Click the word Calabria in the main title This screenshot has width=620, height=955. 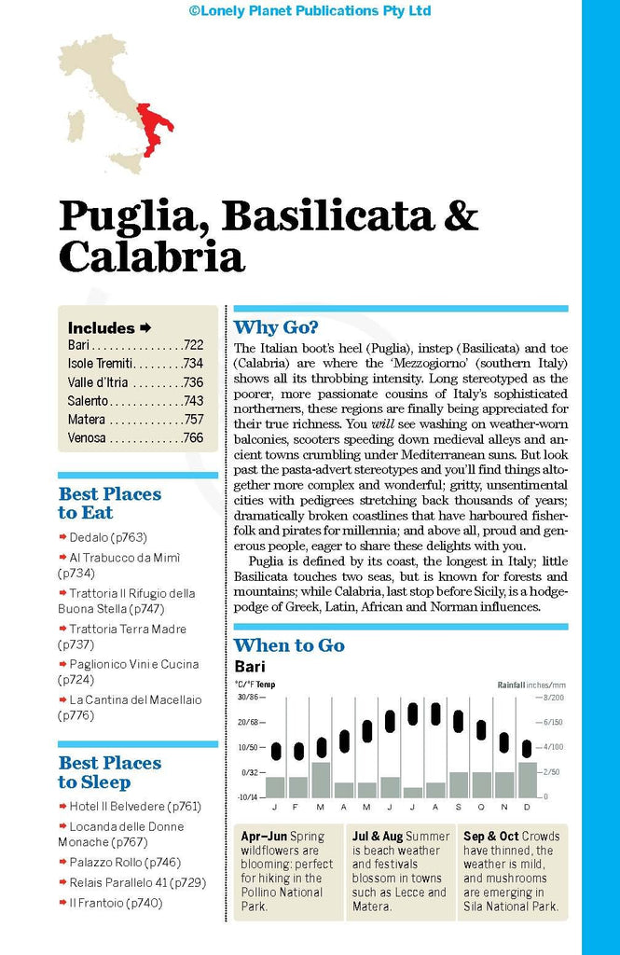(x=151, y=257)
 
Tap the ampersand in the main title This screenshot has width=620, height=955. (x=460, y=215)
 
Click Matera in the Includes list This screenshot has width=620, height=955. (x=87, y=420)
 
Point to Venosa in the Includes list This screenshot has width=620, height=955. (x=87, y=437)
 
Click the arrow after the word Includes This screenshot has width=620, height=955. (x=145, y=327)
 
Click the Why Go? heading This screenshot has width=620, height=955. (x=276, y=326)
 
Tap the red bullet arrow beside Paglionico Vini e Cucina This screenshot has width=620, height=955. (x=62, y=664)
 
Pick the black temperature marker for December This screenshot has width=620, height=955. (x=526, y=749)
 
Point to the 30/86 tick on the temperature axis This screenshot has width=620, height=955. (x=248, y=697)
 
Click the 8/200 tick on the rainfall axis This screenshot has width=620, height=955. (x=552, y=697)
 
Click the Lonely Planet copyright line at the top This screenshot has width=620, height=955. (x=310, y=11)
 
